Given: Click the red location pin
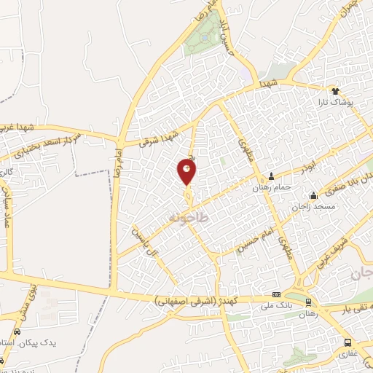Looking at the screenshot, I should pos(187,172).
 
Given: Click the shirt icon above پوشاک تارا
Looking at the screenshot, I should pos(336,91).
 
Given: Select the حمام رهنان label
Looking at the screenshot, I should pos(272,187).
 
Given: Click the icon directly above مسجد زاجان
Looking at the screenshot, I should pos(313,195).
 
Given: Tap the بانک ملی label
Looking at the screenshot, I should pos(275,307).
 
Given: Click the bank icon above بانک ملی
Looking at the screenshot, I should pos(275,295).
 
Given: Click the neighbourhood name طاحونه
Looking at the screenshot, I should pos(188,218).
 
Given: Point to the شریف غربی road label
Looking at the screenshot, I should pos(337,256).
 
